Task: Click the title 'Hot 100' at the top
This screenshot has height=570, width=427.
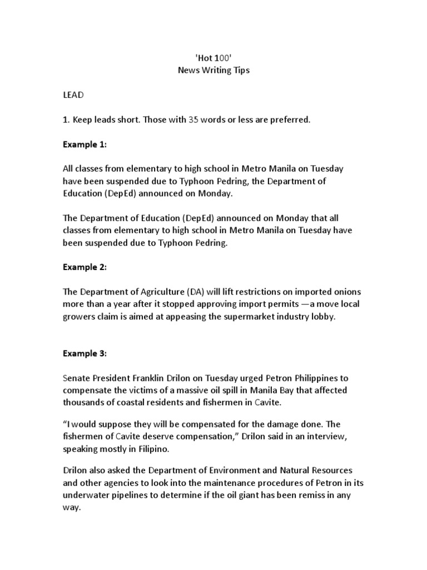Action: coord(213,58)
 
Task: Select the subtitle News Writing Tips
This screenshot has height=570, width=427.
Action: coord(213,71)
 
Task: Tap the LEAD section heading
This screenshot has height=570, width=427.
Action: coord(73,95)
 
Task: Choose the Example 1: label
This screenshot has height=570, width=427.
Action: coord(84,144)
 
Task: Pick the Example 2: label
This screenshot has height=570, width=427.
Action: coord(84,267)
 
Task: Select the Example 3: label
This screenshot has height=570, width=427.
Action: coord(84,353)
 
